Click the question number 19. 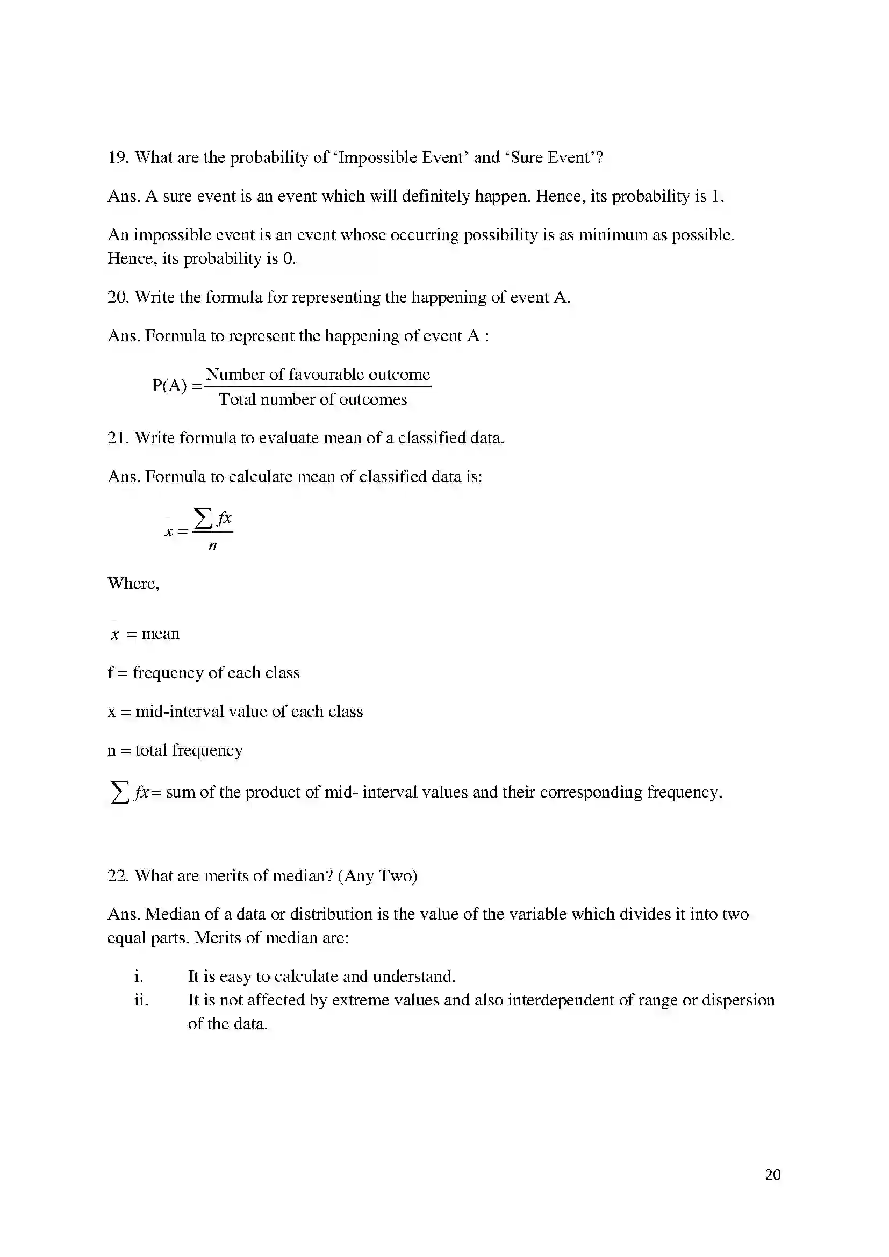(x=117, y=157)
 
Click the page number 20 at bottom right (x=772, y=1174)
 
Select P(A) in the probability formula (x=169, y=386)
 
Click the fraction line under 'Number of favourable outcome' (x=318, y=387)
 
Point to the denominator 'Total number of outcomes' (x=313, y=400)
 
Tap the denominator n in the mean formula (x=213, y=546)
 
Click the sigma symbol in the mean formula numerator (x=203, y=518)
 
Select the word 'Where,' (x=133, y=584)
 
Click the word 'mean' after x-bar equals (x=160, y=634)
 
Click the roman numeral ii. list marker (x=141, y=1000)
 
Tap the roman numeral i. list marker (x=139, y=976)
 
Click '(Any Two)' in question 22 (x=378, y=876)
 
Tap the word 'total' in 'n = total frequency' (x=151, y=750)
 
